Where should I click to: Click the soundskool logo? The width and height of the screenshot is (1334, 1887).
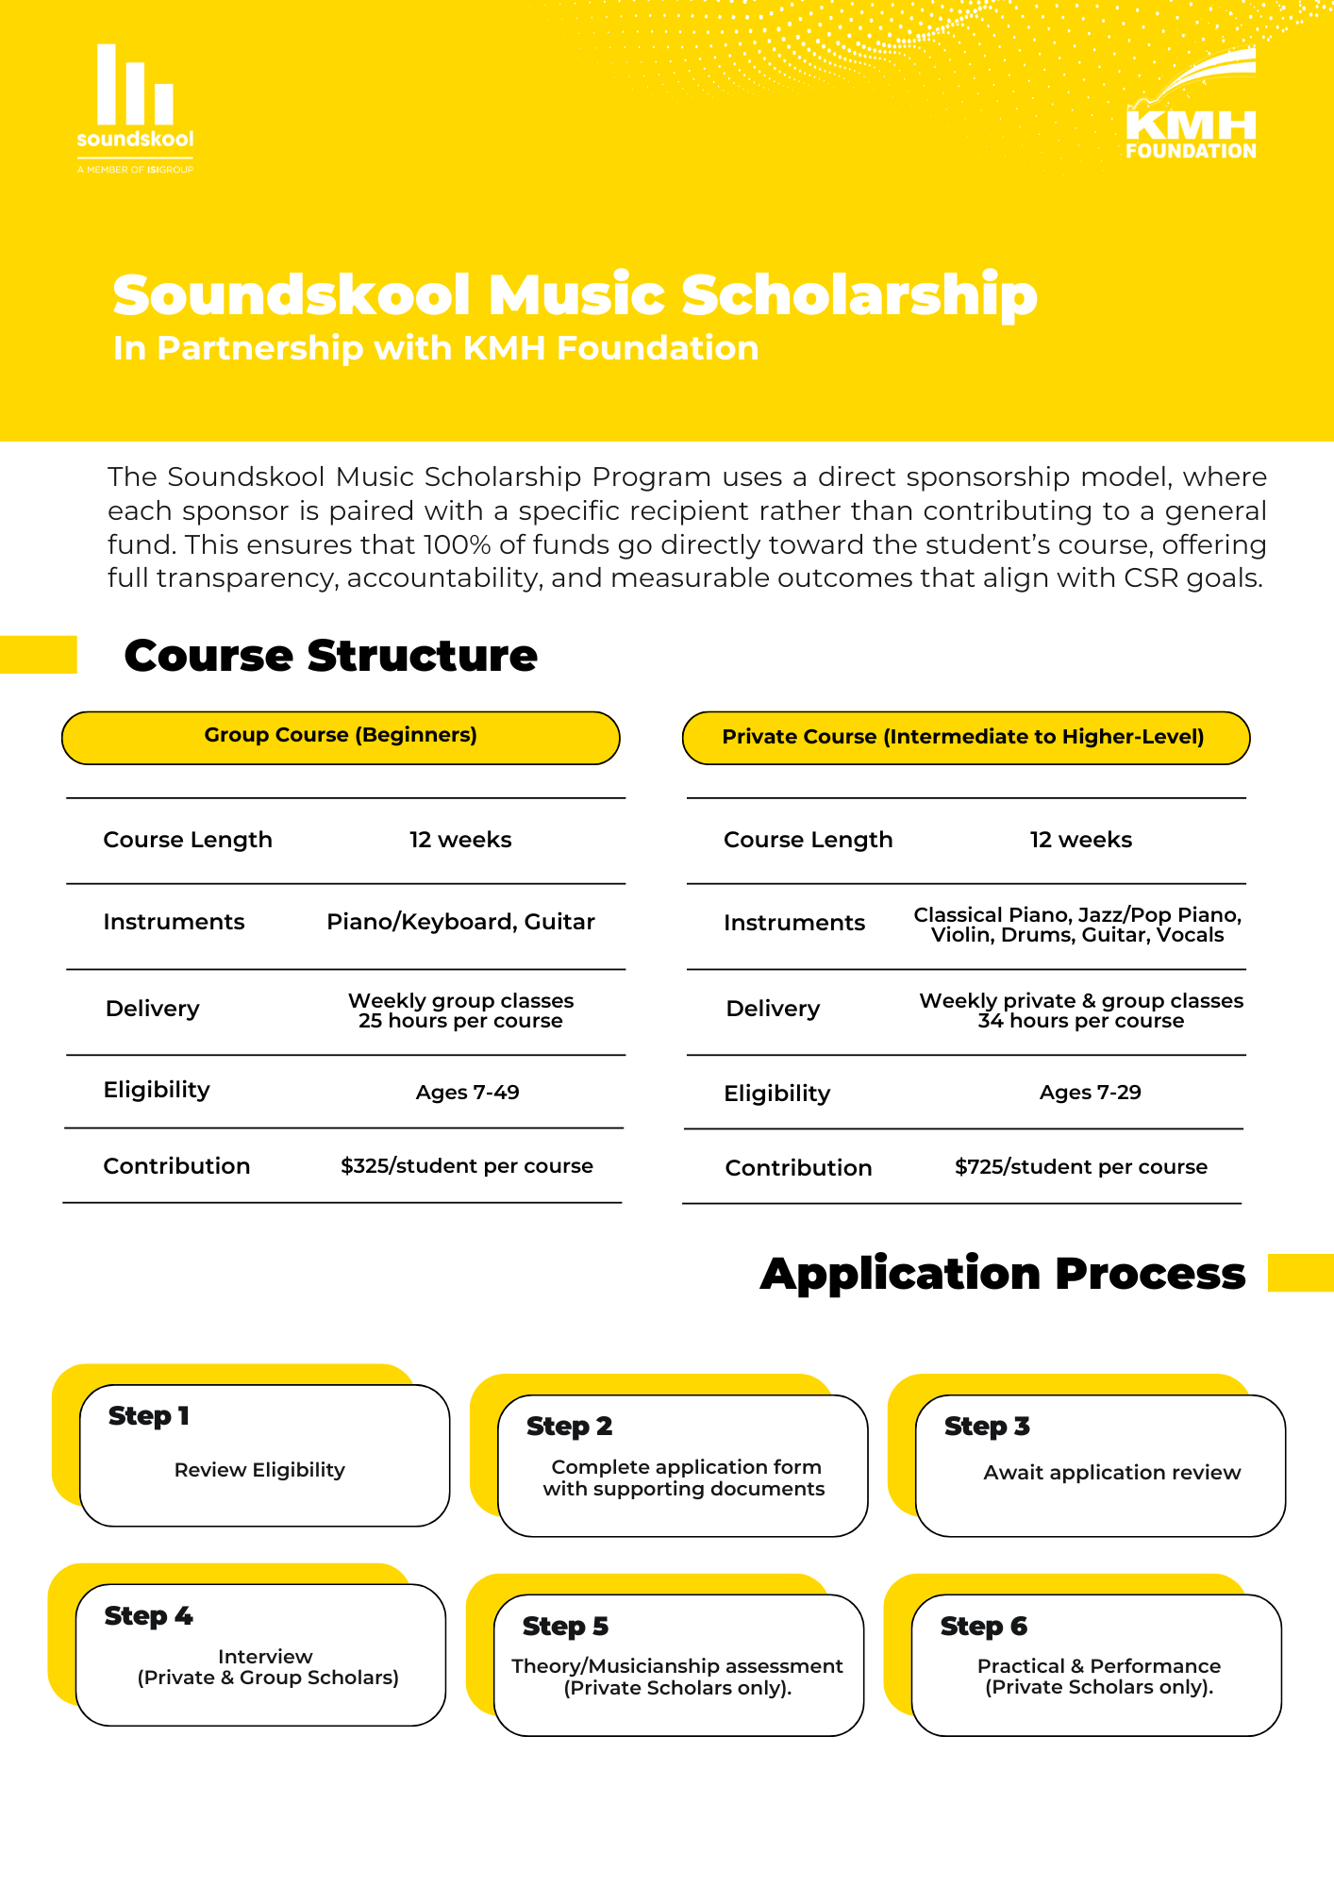click(135, 109)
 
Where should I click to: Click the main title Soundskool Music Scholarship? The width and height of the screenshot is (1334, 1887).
click(575, 294)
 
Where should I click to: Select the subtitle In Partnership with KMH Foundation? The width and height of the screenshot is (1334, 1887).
click(436, 348)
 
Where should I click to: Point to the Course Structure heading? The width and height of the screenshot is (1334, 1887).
click(330, 655)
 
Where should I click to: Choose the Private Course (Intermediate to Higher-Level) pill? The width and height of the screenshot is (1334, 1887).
click(964, 738)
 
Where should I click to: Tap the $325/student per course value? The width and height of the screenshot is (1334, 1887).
click(467, 1166)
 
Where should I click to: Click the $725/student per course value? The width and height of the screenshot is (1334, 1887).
click(1080, 1167)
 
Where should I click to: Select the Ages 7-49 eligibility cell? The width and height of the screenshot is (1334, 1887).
click(467, 1093)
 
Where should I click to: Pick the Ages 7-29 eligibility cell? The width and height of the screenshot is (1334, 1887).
click(1090, 1093)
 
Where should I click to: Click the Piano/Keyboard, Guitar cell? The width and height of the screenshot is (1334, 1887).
click(460, 922)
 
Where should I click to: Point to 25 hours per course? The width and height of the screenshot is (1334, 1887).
click(460, 1021)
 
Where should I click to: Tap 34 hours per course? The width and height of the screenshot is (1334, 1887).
click(1080, 1021)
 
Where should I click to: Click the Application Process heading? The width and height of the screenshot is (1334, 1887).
click(1003, 1274)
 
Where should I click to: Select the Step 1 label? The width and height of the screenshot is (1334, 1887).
click(149, 1416)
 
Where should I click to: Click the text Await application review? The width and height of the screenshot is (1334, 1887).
click(1111, 1473)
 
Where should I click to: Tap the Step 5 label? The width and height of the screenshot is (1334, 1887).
click(565, 1627)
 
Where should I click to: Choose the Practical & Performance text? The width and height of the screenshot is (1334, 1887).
click(1098, 1666)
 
